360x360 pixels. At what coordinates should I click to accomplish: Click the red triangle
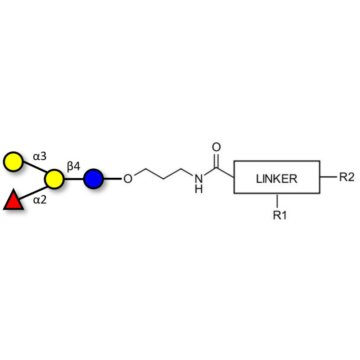click(x=13, y=201)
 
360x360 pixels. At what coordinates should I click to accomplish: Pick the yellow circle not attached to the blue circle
click(x=13, y=162)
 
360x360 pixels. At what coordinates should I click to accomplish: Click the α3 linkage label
click(x=39, y=157)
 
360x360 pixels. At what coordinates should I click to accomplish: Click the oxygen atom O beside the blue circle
click(x=128, y=179)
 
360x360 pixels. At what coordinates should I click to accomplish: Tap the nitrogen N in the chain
click(x=198, y=179)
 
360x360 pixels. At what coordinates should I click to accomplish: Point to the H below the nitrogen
click(x=198, y=189)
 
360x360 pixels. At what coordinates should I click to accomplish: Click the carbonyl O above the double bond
click(x=216, y=147)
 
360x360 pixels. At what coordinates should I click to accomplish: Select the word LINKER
click(x=276, y=179)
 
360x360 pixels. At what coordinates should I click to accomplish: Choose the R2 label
click(x=346, y=177)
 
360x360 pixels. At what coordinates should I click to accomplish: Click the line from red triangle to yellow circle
click(x=33, y=190)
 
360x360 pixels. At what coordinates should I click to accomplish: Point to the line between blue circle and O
click(x=112, y=179)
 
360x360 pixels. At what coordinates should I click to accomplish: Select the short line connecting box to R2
click(x=328, y=177)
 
